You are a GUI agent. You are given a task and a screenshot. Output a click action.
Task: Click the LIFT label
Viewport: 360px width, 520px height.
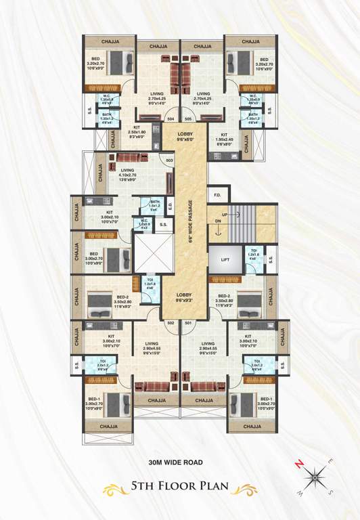tap(224, 259)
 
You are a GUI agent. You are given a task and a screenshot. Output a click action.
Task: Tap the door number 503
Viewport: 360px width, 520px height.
tap(169, 160)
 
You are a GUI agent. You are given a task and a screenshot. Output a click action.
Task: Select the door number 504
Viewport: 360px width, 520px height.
tap(171, 118)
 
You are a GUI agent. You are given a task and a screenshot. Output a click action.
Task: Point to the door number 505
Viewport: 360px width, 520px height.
tap(188, 118)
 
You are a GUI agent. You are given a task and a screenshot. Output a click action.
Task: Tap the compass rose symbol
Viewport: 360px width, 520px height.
tap(315, 479)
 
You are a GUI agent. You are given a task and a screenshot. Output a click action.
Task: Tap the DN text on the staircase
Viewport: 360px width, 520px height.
tap(218, 221)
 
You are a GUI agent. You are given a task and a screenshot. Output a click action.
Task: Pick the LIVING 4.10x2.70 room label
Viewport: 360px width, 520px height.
tap(126, 175)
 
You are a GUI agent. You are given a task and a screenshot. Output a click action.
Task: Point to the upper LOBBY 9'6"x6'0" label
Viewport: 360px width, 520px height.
tap(185, 137)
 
